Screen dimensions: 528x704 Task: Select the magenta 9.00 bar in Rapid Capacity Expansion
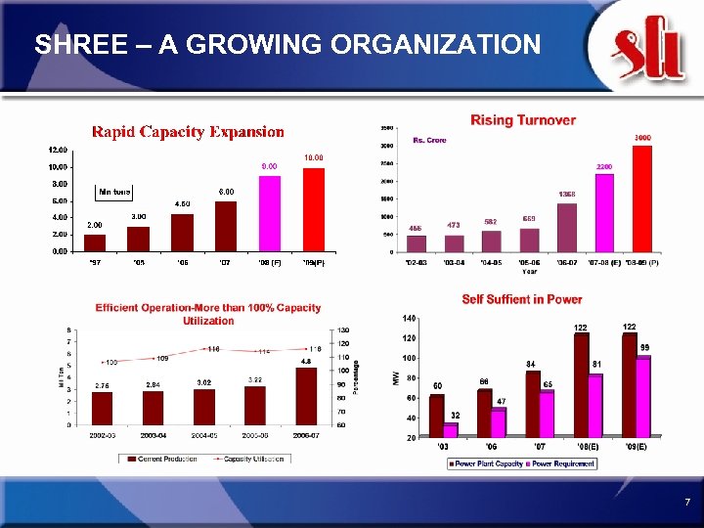[x=270, y=213]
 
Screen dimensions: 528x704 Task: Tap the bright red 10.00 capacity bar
[x=313, y=209]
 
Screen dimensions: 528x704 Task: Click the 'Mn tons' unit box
[x=114, y=191]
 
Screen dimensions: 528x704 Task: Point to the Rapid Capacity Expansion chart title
[x=188, y=131]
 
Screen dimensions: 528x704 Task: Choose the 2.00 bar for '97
[x=95, y=242]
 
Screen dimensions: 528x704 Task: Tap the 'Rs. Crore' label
[x=429, y=140]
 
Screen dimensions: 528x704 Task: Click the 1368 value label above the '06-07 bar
[x=566, y=194]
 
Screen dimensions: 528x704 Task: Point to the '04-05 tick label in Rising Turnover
[x=489, y=263]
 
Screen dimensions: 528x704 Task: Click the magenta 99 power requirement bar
[x=642, y=396]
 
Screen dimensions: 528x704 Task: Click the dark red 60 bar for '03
[x=436, y=415]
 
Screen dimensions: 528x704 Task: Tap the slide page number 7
[x=687, y=503]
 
